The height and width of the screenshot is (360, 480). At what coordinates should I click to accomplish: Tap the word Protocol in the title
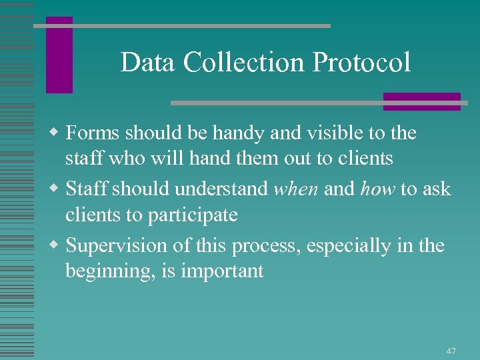click(361, 63)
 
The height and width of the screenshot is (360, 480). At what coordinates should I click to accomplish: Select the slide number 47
click(451, 351)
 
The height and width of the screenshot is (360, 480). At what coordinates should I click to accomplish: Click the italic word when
click(297, 189)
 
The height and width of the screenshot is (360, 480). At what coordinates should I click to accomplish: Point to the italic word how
click(378, 189)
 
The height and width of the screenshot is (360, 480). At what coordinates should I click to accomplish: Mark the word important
click(225, 271)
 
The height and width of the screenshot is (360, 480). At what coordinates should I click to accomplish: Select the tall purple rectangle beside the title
click(59, 55)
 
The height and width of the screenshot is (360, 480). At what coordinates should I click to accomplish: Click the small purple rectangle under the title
click(421, 101)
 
